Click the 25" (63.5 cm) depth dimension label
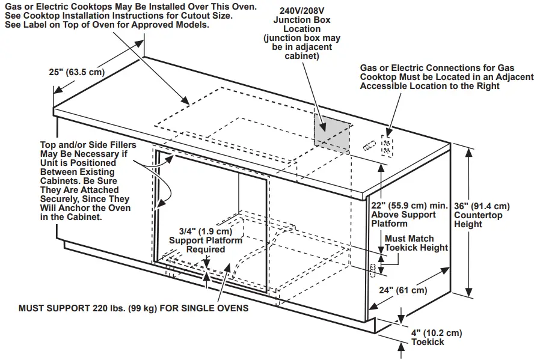tap(76, 72)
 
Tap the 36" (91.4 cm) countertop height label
tap(482, 215)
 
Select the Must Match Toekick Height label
tap(416, 243)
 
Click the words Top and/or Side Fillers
tap(88, 145)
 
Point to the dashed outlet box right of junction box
tap(387, 145)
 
